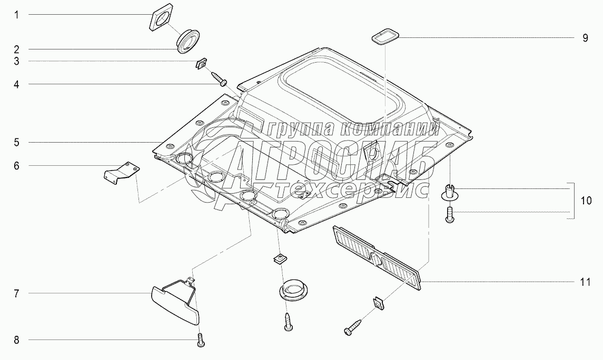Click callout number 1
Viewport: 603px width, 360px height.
[16, 15]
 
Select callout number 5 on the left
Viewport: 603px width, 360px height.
[16, 143]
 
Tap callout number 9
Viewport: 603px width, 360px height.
[585, 38]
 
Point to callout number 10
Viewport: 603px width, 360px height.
[587, 201]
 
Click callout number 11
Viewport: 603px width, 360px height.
[585, 283]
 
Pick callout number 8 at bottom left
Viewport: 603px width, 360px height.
[16, 340]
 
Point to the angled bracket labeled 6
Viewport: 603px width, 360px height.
[122, 172]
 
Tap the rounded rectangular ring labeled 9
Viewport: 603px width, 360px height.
[385, 37]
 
